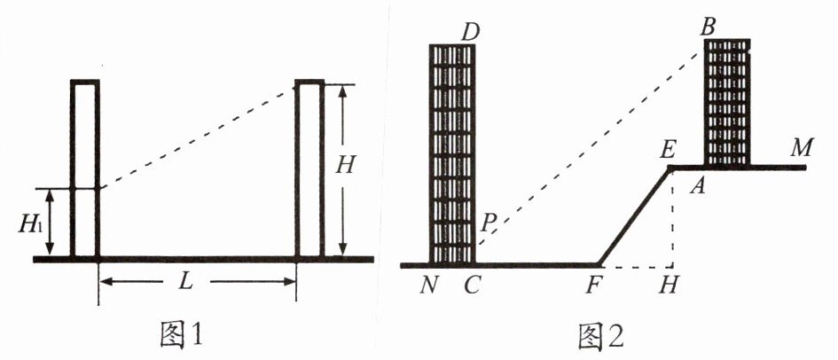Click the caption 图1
tap(181, 335)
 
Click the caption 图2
tap(600, 336)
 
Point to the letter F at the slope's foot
tap(591, 286)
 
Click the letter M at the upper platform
tap(803, 147)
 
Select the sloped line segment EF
tap(634, 215)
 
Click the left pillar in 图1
tap(85, 168)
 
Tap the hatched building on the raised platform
tap(726, 102)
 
